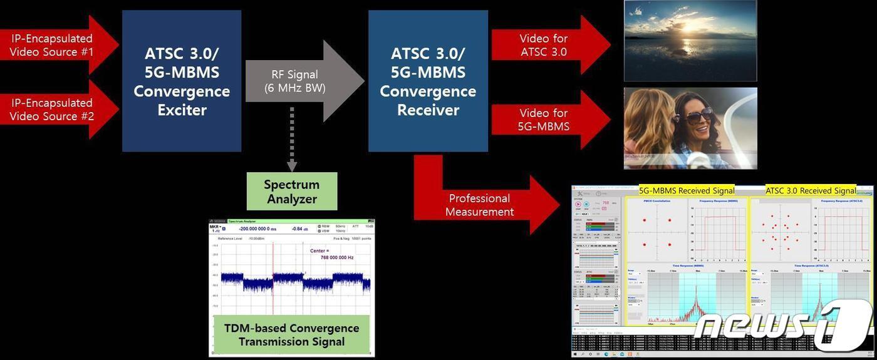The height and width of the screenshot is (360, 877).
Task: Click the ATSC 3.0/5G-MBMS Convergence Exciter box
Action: tap(181, 81)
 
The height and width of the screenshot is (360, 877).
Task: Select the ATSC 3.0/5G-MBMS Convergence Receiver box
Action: tap(428, 81)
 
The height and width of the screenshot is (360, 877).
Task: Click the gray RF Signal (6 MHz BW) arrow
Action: tap(301, 81)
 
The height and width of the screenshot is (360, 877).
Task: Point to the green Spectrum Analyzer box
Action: tap(292, 192)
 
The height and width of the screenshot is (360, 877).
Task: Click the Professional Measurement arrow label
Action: tap(480, 205)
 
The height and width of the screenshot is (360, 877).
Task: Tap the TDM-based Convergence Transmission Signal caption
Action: tap(292, 334)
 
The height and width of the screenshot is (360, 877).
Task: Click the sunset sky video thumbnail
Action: tap(690, 41)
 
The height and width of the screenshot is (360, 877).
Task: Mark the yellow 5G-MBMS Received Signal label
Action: tap(687, 190)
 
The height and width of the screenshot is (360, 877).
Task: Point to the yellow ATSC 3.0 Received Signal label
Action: tap(811, 190)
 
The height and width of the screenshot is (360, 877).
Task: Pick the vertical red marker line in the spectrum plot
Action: tap(273, 282)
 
